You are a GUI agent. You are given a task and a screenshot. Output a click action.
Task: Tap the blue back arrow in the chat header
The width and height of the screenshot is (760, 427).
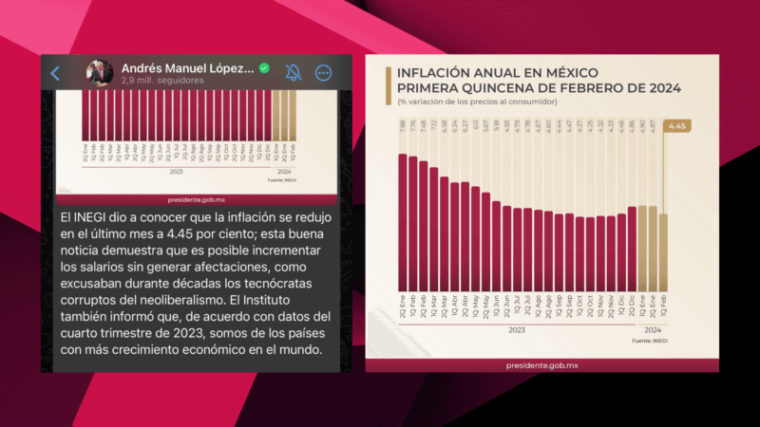(x=55, y=73)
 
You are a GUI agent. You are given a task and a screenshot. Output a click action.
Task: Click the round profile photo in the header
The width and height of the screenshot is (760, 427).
(x=101, y=73)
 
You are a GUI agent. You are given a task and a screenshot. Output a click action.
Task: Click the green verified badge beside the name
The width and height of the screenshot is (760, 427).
(x=265, y=68)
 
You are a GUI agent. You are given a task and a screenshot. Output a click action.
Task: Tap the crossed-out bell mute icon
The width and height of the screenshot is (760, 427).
(x=294, y=73)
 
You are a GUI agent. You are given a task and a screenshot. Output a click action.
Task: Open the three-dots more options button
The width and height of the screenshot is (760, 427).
(x=323, y=73)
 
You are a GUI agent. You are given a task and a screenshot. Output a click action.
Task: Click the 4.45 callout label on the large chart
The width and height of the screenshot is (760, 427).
(x=678, y=126)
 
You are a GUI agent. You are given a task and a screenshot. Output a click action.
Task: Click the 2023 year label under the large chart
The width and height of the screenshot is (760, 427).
(x=517, y=329)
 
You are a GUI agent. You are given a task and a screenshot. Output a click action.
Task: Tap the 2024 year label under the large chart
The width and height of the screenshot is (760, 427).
(x=653, y=329)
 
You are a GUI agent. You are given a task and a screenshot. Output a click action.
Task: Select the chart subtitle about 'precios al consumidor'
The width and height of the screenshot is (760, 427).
(x=477, y=102)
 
